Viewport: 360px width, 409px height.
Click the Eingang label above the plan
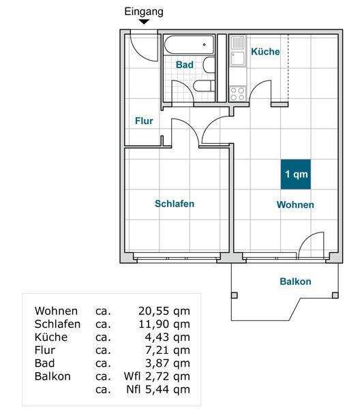point(144,12)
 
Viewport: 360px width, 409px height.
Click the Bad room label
point(184,65)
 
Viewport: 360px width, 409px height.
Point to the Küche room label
point(265,52)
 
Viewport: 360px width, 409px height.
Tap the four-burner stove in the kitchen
point(237,93)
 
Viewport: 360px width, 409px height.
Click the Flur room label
point(143,121)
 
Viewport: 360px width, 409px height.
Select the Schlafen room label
point(175,204)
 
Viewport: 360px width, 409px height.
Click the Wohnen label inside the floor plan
point(295,204)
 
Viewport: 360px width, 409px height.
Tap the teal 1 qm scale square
point(297,174)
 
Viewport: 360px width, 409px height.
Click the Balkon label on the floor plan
point(295,282)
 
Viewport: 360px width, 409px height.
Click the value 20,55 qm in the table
point(164,311)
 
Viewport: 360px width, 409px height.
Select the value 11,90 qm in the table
point(164,324)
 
